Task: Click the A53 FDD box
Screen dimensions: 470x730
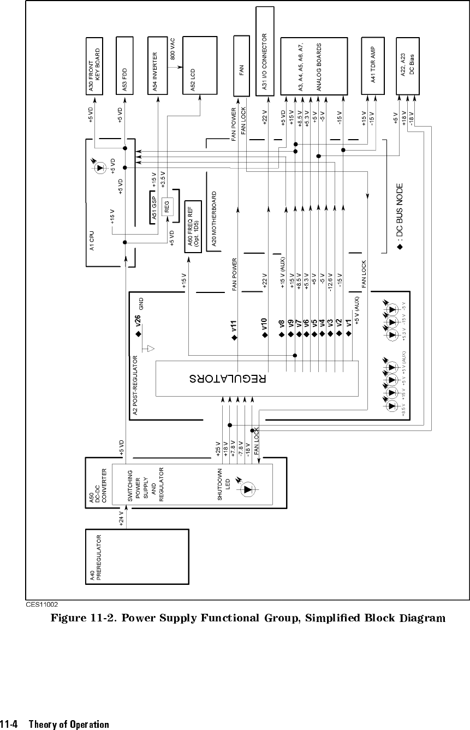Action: point(124,65)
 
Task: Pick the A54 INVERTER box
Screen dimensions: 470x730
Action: point(157,65)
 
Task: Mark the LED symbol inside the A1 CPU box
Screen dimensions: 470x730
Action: point(100,167)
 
